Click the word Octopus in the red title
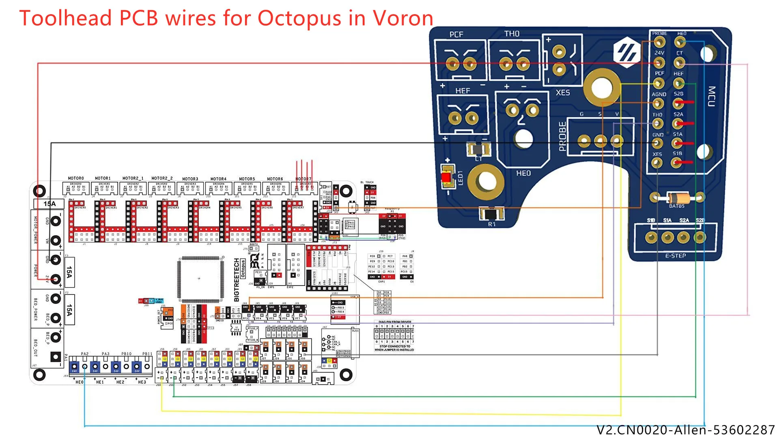pyautogui.click(x=299, y=18)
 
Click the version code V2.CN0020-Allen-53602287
pyautogui.click(x=685, y=429)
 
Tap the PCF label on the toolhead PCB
pyautogui.click(x=456, y=34)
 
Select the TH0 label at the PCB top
pyautogui.click(x=512, y=34)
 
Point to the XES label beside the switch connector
pyautogui.click(x=563, y=92)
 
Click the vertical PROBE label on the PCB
pyautogui.click(x=562, y=136)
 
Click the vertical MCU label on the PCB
pyautogui.click(x=711, y=96)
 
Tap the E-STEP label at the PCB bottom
pyautogui.click(x=676, y=255)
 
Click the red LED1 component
pyautogui.click(x=447, y=178)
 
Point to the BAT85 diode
pyautogui.click(x=677, y=198)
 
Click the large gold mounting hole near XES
pyautogui.click(x=602, y=87)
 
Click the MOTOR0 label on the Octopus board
pyautogui.click(x=76, y=178)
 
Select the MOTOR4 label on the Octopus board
pyautogui.click(x=218, y=179)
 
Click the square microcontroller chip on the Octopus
pyautogui.click(x=200, y=279)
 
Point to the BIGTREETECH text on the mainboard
pyautogui.click(x=237, y=280)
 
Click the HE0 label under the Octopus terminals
pyautogui.click(x=80, y=382)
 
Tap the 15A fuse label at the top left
pyautogui.click(x=49, y=204)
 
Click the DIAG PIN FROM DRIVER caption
pyautogui.click(x=395, y=322)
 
